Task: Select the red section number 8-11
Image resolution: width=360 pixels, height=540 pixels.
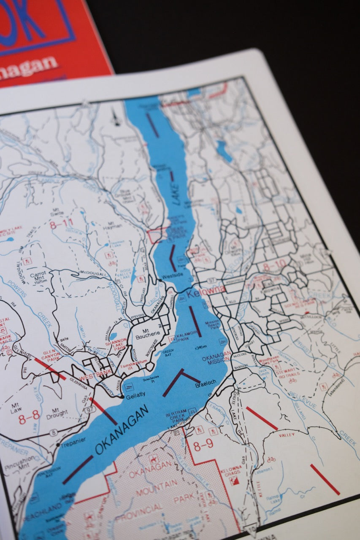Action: (62, 224)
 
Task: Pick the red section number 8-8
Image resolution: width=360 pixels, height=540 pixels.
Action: (29, 417)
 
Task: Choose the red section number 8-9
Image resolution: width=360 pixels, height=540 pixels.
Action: (203, 444)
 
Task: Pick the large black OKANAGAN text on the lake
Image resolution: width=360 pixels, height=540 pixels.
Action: (122, 429)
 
